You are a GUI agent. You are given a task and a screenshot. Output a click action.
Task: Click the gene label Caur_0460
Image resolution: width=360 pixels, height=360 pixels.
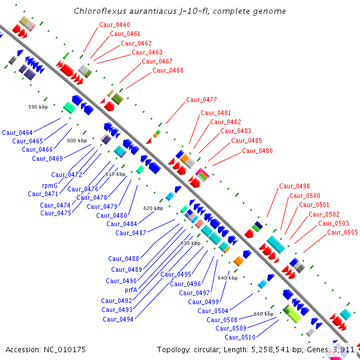(x=114, y=25)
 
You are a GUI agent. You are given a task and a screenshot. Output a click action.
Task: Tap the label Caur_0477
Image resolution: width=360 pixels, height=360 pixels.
(x=202, y=100)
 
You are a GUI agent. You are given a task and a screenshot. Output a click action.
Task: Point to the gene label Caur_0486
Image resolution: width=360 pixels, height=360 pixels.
(x=257, y=151)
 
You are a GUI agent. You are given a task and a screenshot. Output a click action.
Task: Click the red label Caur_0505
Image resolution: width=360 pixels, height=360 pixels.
(x=343, y=232)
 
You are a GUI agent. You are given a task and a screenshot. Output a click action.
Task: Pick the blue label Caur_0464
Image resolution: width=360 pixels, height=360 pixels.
(x=17, y=132)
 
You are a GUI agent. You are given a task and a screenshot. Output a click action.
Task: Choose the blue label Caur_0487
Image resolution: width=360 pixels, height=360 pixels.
(x=131, y=233)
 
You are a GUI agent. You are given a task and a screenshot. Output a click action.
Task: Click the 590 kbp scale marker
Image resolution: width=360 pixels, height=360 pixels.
(x=38, y=107)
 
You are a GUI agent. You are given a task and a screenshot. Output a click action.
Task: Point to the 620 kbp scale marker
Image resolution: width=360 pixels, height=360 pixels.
(x=153, y=208)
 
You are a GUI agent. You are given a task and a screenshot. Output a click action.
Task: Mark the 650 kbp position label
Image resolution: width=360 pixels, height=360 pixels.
(x=263, y=314)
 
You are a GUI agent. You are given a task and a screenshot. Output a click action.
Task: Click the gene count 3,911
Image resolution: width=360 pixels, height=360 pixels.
(x=343, y=349)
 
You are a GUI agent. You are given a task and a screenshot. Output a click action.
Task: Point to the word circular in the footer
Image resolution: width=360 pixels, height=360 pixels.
(x=213, y=349)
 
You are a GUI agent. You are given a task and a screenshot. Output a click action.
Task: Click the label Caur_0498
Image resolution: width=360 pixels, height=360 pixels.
(x=295, y=186)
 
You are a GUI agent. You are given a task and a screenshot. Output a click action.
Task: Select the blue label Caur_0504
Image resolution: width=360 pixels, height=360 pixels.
(x=213, y=311)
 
